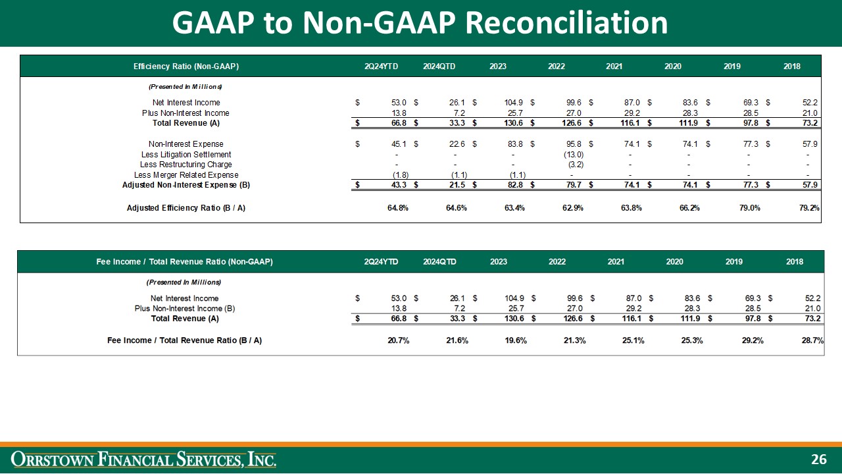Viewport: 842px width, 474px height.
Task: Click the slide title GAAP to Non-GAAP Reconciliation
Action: pyautogui.click(x=420, y=23)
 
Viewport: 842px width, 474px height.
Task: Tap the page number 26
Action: pyautogui.click(x=818, y=460)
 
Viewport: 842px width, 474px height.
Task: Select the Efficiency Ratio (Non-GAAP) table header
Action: pyautogui.click(x=186, y=66)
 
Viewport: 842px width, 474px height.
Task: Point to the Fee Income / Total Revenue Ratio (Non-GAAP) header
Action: pyautogui.click(x=184, y=261)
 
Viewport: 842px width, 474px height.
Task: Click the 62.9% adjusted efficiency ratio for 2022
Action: pyautogui.click(x=572, y=208)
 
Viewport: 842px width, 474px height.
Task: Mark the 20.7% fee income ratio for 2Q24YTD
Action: pyautogui.click(x=397, y=340)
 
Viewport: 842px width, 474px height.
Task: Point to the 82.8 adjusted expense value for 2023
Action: pyautogui.click(x=515, y=185)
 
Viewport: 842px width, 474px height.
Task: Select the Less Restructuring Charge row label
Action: pyautogui.click(x=186, y=164)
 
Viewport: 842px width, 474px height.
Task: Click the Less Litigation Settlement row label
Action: pyautogui.click(x=186, y=154)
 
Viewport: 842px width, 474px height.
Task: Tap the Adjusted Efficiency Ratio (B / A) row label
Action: pyautogui.click(x=186, y=208)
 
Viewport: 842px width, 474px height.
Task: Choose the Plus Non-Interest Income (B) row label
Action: pyautogui.click(x=184, y=308)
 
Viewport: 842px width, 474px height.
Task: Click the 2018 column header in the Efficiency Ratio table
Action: pyautogui.click(x=793, y=66)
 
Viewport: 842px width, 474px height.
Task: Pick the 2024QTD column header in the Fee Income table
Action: pyautogui.click(x=439, y=261)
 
